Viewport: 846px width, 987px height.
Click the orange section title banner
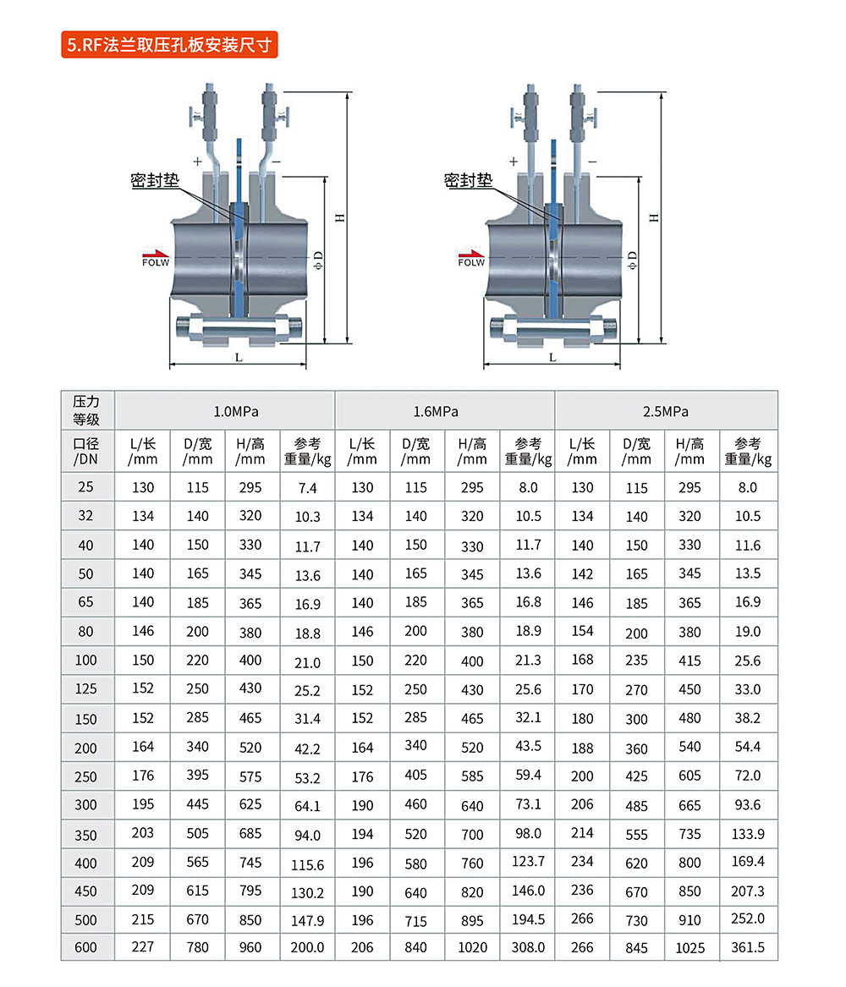[169, 45]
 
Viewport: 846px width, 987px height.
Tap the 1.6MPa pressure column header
[436, 412]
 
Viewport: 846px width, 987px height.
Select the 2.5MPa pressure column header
[665, 412]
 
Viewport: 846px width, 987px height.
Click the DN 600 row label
[85, 947]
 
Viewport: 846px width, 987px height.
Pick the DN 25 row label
[85, 486]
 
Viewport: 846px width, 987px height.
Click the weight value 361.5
[748, 947]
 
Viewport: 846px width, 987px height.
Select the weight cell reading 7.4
[307, 488]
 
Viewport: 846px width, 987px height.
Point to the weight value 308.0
[528, 947]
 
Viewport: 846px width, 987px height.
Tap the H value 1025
[689, 948]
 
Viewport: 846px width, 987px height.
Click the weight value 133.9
[748, 834]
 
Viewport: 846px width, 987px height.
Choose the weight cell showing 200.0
[307, 947]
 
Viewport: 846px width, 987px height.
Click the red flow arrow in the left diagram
[156, 252]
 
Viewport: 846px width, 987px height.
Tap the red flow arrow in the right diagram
[471, 252]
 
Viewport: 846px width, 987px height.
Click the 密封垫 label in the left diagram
[155, 181]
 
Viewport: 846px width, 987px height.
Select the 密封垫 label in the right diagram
[469, 181]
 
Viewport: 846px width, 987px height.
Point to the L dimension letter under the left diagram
[239, 358]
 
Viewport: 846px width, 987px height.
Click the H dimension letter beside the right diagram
[654, 218]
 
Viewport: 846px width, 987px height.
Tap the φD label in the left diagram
[318, 260]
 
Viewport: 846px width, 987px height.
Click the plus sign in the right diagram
[514, 162]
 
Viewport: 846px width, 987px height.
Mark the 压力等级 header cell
[86, 410]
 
